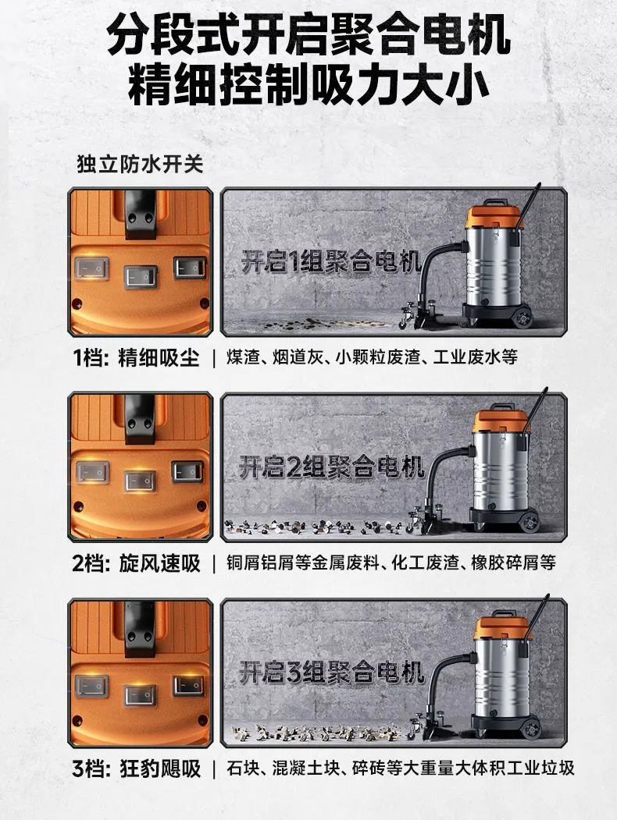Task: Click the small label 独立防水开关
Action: coord(140,164)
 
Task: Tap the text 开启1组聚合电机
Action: coord(331,261)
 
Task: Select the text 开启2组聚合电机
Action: coord(331,466)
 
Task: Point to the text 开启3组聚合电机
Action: coord(331,672)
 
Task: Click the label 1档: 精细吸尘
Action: coord(136,358)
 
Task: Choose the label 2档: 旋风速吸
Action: coord(136,564)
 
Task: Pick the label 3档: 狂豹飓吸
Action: coord(136,769)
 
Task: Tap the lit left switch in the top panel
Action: coord(92,268)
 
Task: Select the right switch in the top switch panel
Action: coord(190,268)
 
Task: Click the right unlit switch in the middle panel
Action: coord(188,472)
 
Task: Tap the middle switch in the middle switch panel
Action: coord(141,481)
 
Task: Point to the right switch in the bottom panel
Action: coord(189,686)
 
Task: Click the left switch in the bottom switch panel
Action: coord(91,686)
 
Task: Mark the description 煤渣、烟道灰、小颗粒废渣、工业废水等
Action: coord(372,357)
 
